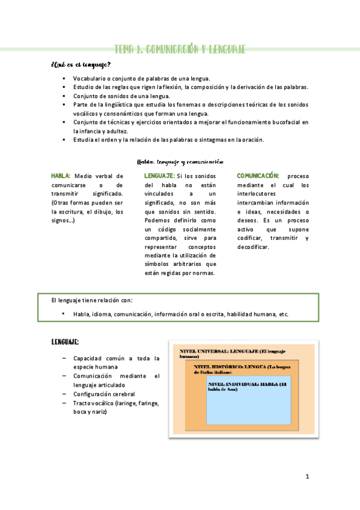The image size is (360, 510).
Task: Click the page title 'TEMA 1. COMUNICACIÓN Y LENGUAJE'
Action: point(180,49)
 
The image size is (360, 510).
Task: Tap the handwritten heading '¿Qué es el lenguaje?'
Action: point(81,65)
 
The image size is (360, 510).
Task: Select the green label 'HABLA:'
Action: point(61,176)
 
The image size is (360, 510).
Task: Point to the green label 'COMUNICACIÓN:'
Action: point(258,176)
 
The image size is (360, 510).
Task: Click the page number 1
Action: point(307,477)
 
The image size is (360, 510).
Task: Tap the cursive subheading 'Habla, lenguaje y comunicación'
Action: point(181,161)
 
